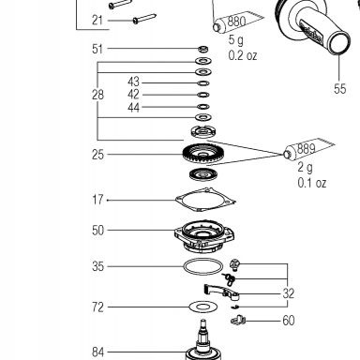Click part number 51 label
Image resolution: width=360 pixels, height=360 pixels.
point(97,49)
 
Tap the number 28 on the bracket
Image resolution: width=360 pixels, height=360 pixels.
point(97,95)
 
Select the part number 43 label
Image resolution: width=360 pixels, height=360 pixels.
point(133,82)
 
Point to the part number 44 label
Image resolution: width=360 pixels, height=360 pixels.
point(133,108)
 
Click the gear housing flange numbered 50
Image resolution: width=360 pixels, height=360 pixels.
point(204,236)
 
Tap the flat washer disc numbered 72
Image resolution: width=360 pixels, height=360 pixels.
point(203,307)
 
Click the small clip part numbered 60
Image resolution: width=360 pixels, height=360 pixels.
point(238,320)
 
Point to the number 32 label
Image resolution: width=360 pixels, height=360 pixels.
point(288,293)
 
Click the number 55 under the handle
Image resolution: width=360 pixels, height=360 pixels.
point(339,89)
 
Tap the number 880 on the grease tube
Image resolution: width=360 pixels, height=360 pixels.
point(236,22)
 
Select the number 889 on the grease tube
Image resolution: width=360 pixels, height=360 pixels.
point(306,148)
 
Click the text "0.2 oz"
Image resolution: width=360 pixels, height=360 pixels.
point(243,55)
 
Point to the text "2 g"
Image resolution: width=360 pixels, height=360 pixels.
point(305,168)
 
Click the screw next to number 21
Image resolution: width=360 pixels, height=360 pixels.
point(144,19)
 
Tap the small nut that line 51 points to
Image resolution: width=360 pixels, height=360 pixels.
point(203,49)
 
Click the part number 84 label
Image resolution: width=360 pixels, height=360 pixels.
point(97,352)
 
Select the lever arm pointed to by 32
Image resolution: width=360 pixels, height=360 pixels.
point(221,291)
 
